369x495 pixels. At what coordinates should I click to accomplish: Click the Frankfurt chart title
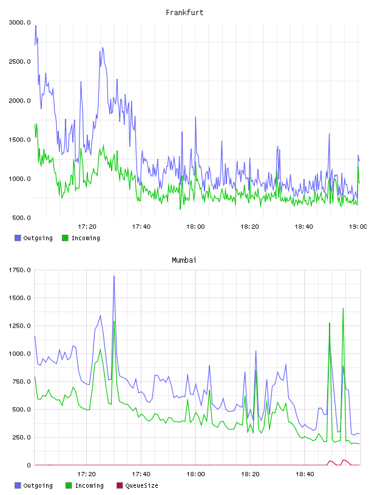click(x=184, y=13)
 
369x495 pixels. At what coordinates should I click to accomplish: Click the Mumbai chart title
click(x=184, y=260)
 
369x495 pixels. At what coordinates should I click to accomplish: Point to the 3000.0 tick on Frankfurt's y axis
click(x=19, y=22)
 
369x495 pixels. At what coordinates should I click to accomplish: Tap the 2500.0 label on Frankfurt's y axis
click(x=19, y=61)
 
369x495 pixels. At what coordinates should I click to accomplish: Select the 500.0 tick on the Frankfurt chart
click(x=21, y=218)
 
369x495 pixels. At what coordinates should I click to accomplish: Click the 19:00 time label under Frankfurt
click(x=357, y=227)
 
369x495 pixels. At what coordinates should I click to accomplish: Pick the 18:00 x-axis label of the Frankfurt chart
click(x=195, y=227)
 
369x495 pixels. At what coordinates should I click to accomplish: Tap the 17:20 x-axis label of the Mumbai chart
click(x=87, y=474)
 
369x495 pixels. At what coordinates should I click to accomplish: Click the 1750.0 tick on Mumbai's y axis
click(x=19, y=270)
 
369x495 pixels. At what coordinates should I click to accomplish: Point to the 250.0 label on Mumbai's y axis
click(x=21, y=437)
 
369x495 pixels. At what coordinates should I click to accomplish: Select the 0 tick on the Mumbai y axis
click(x=29, y=465)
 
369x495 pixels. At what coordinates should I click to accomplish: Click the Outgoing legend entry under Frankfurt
click(x=33, y=238)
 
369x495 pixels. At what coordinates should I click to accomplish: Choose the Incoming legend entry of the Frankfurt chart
click(x=81, y=238)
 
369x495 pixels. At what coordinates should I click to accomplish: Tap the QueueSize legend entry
click(x=137, y=485)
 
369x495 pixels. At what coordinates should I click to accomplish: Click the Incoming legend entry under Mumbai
click(x=84, y=485)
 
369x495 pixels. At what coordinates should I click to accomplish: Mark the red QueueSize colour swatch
click(x=120, y=485)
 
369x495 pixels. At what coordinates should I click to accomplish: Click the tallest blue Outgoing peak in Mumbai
click(x=114, y=276)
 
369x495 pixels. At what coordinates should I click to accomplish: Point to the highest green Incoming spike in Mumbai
click(x=343, y=308)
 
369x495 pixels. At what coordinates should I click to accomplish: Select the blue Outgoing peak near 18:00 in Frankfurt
click(x=195, y=117)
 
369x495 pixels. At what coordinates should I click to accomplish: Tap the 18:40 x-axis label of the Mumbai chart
click(x=305, y=474)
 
